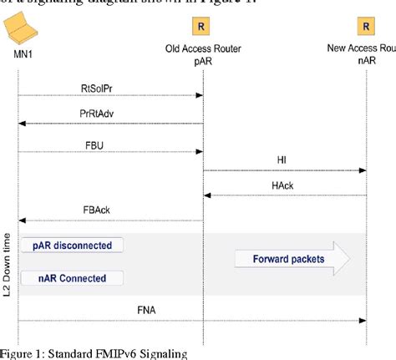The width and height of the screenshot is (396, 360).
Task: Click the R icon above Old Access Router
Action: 201,27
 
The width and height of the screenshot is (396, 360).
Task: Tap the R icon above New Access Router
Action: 363,27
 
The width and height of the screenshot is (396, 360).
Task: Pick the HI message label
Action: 282,160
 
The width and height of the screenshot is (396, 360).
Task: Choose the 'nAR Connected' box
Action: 71,277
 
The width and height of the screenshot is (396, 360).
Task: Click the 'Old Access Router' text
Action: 201,48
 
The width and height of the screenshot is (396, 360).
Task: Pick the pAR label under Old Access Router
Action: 201,60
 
